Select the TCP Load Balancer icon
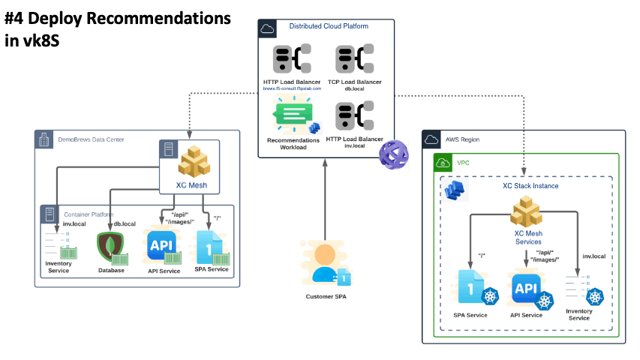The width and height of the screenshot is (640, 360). [353, 58]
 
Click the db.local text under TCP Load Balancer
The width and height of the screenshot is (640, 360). [353, 88]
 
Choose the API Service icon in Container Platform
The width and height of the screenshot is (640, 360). [161, 246]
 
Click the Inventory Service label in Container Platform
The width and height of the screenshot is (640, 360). [58, 267]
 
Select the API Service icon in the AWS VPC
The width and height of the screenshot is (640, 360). [526, 289]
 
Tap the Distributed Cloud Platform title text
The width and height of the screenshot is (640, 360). [329, 26]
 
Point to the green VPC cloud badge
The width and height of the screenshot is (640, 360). [443, 162]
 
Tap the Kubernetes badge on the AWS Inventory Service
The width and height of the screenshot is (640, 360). [596, 297]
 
